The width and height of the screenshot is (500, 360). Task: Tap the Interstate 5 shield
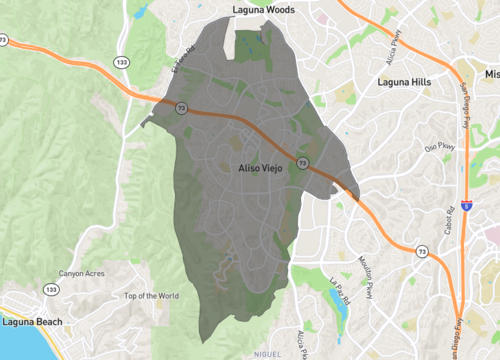coord(467,205)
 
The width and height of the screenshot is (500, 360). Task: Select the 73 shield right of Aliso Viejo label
coord(302,162)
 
